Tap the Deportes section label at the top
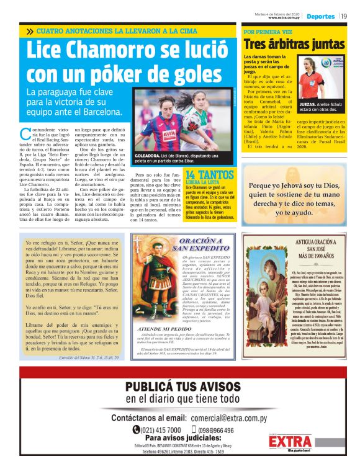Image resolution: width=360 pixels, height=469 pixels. [320, 16]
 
